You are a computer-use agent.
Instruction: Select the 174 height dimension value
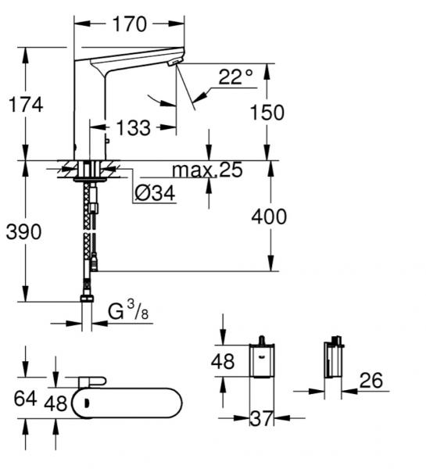[x=26, y=104]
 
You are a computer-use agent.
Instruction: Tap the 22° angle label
[x=235, y=77]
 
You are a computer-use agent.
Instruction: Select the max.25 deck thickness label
[x=207, y=170]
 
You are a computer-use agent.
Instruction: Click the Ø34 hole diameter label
[x=153, y=192]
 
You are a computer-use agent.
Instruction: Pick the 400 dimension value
[x=270, y=217]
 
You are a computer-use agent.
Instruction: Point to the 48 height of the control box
[x=224, y=362]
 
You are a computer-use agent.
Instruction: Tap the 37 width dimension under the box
[x=261, y=419]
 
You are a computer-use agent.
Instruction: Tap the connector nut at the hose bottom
[x=85, y=299]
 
